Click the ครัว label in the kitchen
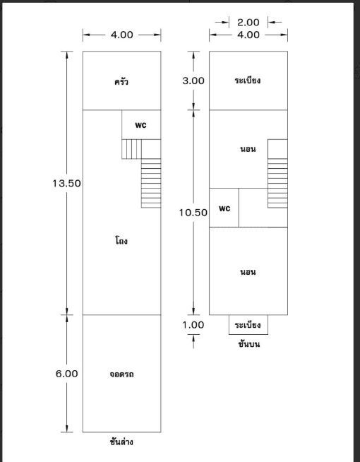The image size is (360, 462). pos(121,81)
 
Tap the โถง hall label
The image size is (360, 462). pos(121,241)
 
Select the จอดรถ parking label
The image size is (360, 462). pos(121,374)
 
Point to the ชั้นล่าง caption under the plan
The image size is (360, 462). pos(121,442)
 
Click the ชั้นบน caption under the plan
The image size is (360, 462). pos(249,344)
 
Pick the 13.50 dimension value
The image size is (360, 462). pos(66,183)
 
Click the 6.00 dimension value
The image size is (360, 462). pos(67,374)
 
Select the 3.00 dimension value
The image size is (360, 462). pos(193,81)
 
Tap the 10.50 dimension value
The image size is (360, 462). pos(193,213)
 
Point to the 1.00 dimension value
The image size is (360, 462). pos(193,325)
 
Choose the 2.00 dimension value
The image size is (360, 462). pos(248,22)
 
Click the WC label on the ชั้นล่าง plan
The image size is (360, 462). pos(140,125)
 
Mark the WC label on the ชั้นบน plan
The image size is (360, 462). pos(224,208)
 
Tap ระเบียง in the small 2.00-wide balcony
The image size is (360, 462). pos(248,325)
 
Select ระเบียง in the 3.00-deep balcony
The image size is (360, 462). pos(248,80)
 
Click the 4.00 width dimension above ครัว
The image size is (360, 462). pos(121,35)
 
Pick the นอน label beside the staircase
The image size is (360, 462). pos(248,149)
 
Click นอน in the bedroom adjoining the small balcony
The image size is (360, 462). pos(248,272)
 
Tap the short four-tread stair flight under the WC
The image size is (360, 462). pos(131,149)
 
